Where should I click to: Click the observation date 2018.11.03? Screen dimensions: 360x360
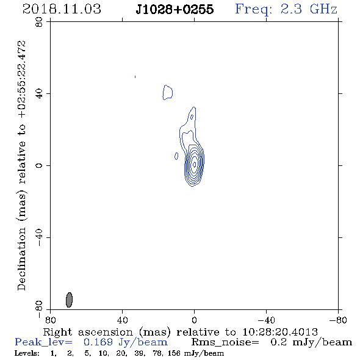click(x=62, y=9)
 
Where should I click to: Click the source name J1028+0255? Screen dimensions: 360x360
click(x=175, y=9)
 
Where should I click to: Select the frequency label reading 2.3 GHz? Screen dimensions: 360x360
click(x=309, y=9)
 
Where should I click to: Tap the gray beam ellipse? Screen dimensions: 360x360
click(x=69, y=300)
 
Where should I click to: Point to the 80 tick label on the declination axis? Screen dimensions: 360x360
click(x=39, y=22)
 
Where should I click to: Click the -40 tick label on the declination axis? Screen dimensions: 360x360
click(x=39, y=237)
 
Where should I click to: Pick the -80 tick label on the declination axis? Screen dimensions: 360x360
click(x=39, y=309)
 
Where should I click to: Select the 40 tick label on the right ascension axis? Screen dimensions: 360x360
click(x=122, y=320)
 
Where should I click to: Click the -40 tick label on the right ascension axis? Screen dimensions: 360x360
click(x=266, y=320)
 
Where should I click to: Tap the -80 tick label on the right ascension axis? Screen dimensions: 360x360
click(x=338, y=320)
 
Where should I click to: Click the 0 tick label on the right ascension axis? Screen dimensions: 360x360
click(x=194, y=320)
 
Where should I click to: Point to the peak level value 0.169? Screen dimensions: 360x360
click(x=98, y=342)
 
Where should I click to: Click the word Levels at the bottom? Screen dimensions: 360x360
click(x=27, y=353)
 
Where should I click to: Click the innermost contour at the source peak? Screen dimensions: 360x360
click(x=195, y=164)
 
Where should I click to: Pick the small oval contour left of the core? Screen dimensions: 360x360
click(x=176, y=156)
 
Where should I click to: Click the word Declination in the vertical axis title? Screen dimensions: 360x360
click(x=21, y=259)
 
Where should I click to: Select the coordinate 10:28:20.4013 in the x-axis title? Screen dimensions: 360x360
click(x=280, y=332)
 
